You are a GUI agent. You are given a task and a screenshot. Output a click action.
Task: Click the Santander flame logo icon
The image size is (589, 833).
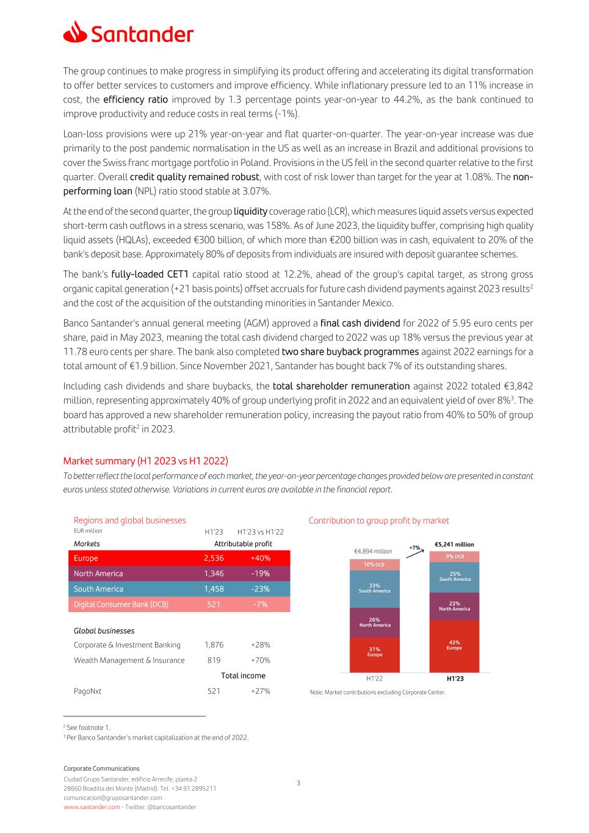[75, 32]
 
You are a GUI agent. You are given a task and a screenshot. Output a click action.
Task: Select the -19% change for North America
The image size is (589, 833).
[260, 574]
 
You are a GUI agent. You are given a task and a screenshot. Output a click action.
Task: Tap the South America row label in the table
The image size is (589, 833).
[98, 589]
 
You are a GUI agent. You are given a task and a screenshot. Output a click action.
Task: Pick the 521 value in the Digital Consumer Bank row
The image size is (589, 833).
[214, 604]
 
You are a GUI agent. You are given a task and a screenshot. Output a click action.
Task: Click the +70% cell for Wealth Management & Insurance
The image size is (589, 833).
[260, 660]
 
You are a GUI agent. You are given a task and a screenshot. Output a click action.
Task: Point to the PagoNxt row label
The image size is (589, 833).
[87, 691]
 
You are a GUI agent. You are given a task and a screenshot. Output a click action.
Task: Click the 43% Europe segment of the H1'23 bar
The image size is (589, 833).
[454, 646]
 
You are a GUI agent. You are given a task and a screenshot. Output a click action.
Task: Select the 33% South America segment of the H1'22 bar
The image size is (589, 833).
[374, 588]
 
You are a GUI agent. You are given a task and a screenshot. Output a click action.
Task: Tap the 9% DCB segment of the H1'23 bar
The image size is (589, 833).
[454, 557]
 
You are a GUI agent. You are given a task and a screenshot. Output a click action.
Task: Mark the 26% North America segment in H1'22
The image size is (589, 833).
[374, 622]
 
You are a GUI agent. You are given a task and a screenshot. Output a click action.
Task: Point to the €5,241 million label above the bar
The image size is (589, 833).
[454, 544]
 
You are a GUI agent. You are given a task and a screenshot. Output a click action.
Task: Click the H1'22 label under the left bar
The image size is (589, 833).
[374, 679]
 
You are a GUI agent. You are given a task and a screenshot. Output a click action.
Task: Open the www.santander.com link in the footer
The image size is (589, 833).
[92, 807]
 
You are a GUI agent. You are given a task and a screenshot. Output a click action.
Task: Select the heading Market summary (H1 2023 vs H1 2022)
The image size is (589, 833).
[145, 461]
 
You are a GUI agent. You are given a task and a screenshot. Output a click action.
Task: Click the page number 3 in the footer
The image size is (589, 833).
[298, 783]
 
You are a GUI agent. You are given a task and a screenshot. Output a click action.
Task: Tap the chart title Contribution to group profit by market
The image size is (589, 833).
[378, 521]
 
